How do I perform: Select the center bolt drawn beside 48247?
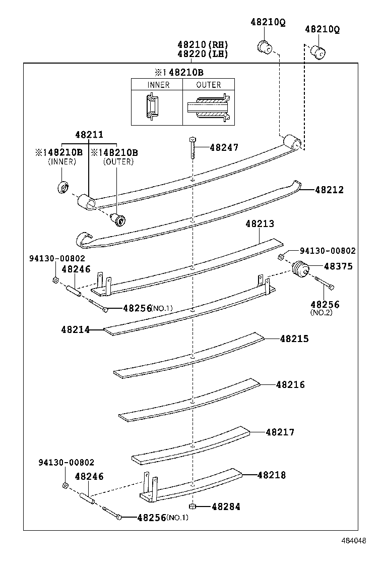[x=193, y=147]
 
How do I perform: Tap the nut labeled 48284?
[x=192, y=506]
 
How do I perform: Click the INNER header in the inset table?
[x=158, y=85]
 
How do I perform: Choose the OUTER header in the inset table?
[x=209, y=85]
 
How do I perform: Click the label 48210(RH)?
[x=203, y=44]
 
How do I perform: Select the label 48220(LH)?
[x=203, y=53]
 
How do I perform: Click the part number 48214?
[x=76, y=330]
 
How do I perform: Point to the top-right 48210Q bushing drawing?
[x=318, y=51]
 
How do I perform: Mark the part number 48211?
[x=89, y=135]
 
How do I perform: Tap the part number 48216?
[x=290, y=384]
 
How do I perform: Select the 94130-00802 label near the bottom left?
[x=67, y=463]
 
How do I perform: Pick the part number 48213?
[x=260, y=223]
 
